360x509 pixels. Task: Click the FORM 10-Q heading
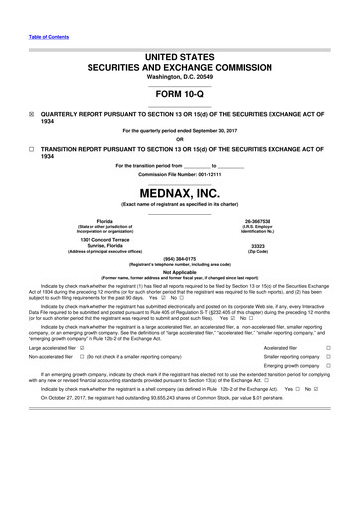(x=179, y=94)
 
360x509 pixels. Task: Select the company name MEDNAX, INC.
(x=179, y=191)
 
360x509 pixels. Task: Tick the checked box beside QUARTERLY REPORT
(x=31, y=114)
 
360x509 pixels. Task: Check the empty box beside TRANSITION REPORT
(x=31, y=150)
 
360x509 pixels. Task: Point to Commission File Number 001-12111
(x=179, y=171)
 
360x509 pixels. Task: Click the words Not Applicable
(x=179, y=271)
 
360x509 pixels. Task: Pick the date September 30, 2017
(x=215, y=130)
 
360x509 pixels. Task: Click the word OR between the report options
(x=179, y=139)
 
